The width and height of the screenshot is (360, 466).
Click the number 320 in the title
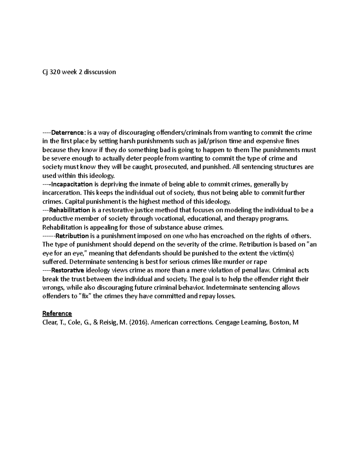55,72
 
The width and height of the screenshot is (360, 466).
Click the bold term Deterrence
68,133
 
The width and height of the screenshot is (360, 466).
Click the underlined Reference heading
57,314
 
